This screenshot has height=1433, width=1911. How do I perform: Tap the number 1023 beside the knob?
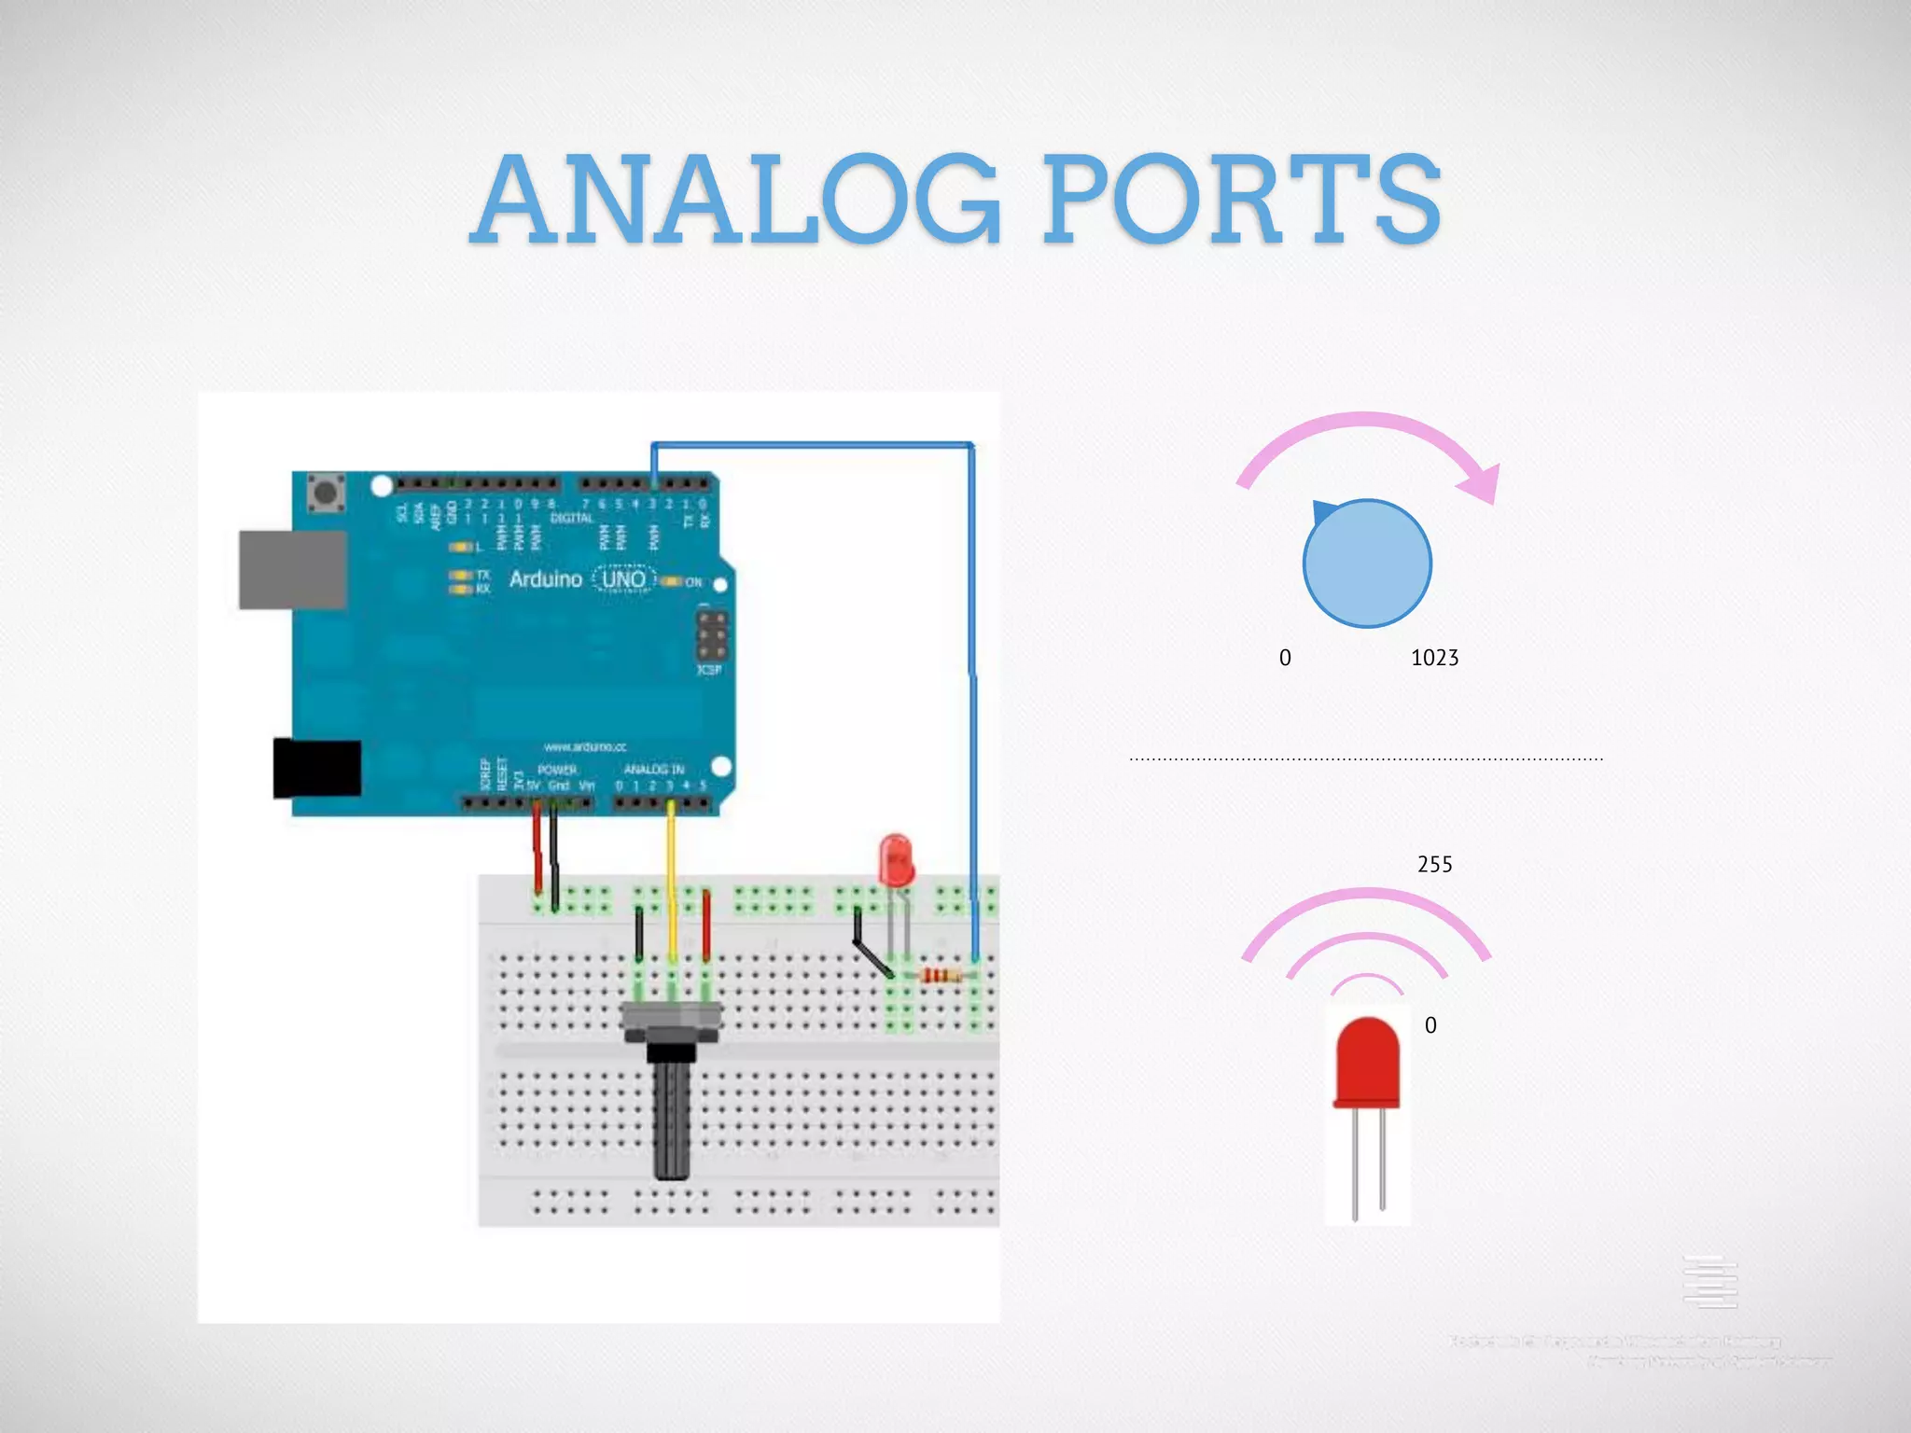[x=1434, y=658]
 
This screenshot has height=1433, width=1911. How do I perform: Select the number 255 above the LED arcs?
[x=1434, y=864]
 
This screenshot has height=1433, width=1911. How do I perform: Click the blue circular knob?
[x=1367, y=563]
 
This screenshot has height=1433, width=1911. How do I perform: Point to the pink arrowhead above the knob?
[x=1481, y=483]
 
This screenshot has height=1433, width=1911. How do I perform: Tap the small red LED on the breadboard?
[x=896, y=859]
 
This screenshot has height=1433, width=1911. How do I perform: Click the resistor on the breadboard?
[x=941, y=976]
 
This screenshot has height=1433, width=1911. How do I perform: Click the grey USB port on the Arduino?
[x=293, y=569]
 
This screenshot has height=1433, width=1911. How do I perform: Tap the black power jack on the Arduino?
[x=317, y=769]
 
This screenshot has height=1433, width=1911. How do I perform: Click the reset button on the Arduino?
[x=326, y=493]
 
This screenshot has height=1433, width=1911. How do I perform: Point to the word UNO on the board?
[x=623, y=579]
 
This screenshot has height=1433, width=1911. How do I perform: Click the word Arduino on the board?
[x=546, y=579]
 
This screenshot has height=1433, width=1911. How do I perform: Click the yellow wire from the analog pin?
[x=671, y=877]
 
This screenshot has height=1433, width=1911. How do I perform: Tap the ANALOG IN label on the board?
[x=653, y=770]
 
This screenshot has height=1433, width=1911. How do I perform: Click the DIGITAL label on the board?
[x=571, y=518]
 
